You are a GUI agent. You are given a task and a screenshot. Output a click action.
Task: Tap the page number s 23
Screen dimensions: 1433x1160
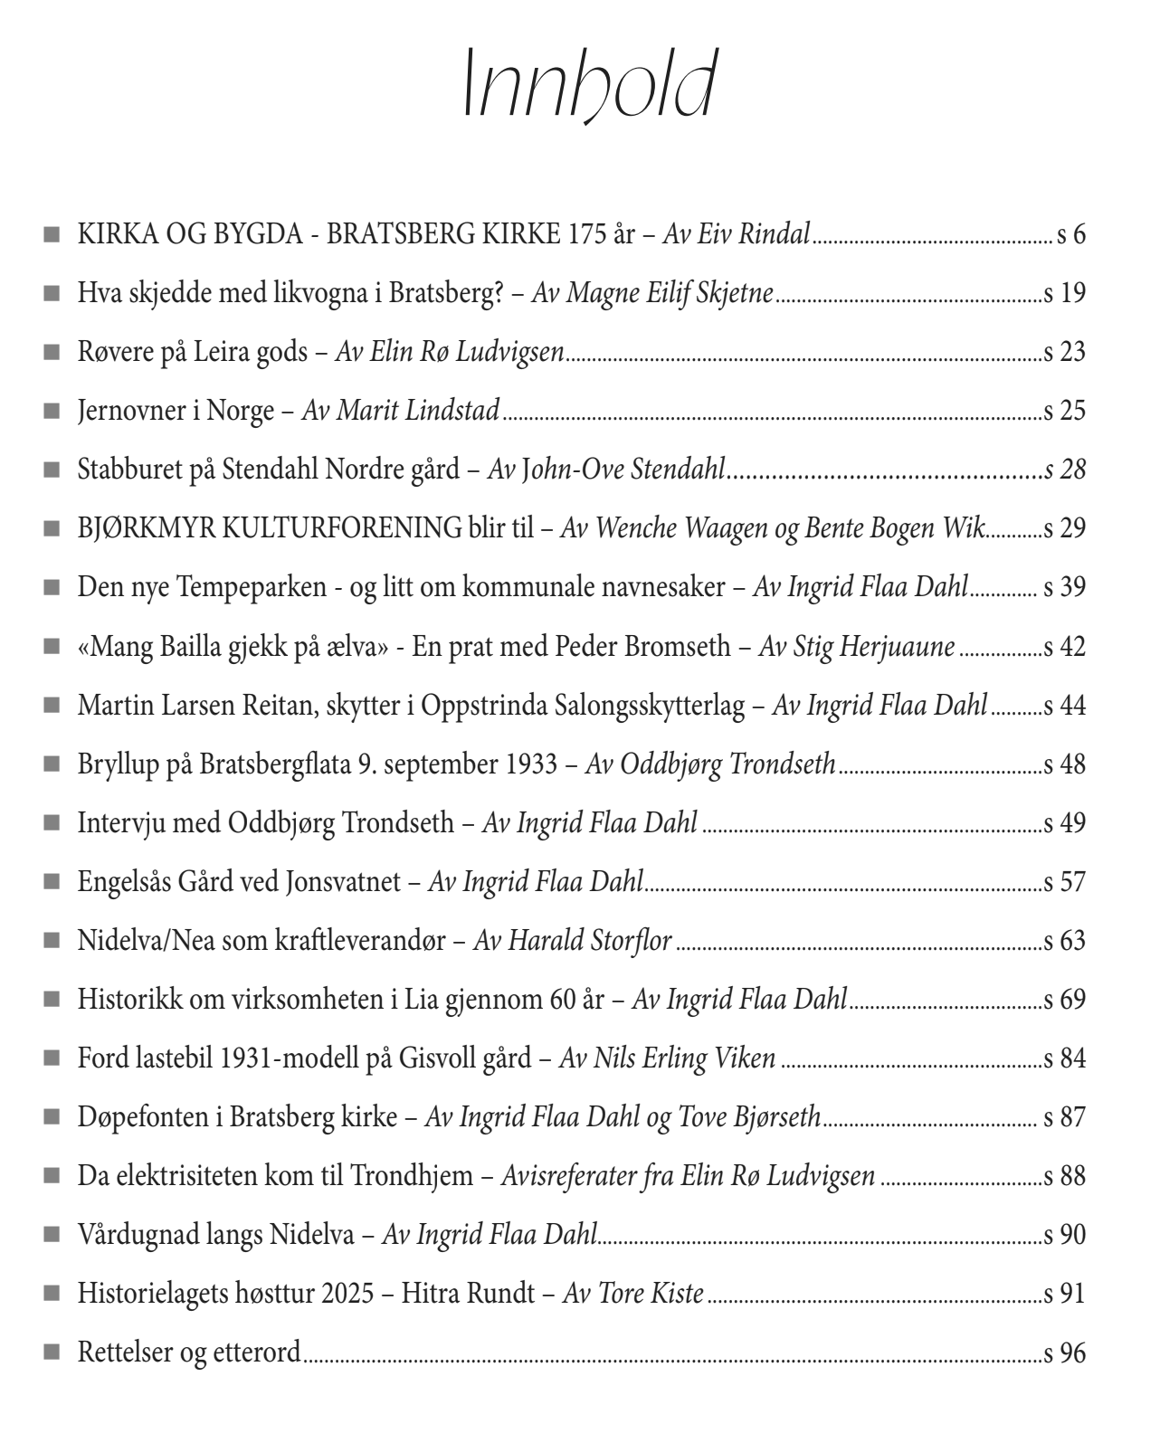pos(1064,352)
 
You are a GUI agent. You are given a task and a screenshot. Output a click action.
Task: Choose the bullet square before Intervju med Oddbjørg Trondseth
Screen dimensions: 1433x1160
pos(52,822)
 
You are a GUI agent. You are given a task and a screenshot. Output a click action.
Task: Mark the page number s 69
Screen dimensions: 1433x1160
pos(1064,1000)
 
